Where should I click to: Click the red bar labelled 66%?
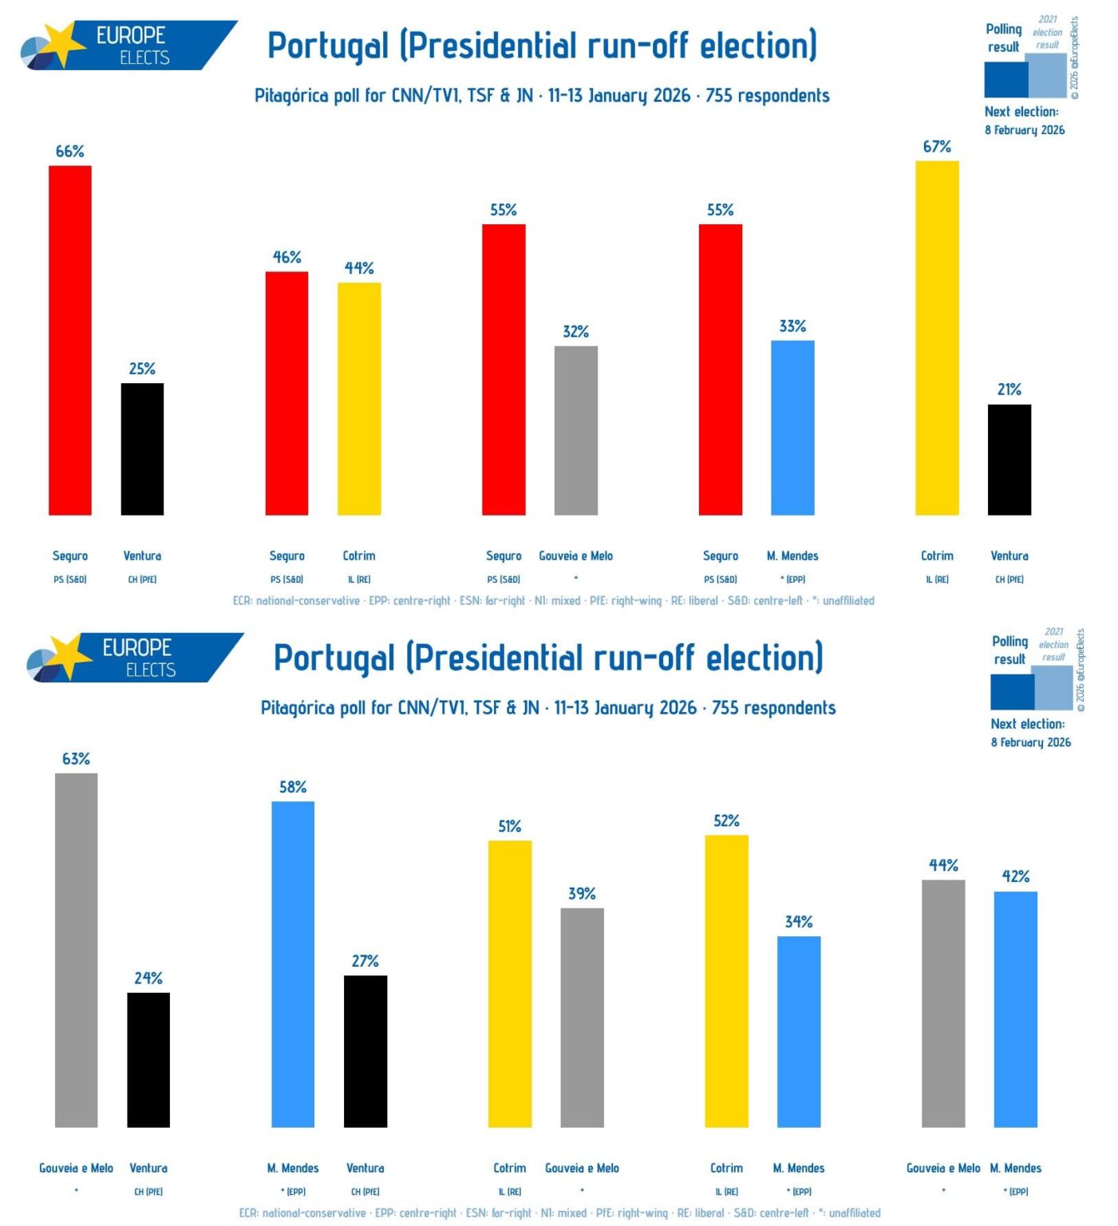(70, 340)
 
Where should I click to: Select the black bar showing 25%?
(142, 449)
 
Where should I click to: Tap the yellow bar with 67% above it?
(937, 338)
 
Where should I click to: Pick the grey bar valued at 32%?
(575, 430)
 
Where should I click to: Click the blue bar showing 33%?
(792, 428)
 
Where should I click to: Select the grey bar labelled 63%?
(77, 950)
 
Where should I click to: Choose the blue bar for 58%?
(293, 964)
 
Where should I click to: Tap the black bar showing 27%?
(365, 1051)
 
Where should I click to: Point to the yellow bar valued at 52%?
(726, 981)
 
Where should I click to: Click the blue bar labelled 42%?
(1015, 1009)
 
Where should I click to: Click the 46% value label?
(286, 257)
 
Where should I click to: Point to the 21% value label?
(1009, 390)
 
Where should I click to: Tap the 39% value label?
(582, 893)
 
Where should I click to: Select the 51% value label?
(509, 826)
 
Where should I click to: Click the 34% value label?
(798, 922)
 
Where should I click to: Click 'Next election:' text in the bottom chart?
(1027, 724)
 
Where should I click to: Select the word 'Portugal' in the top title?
(327, 46)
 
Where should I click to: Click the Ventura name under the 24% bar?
(148, 1168)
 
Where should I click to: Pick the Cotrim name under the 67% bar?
(937, 556)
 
